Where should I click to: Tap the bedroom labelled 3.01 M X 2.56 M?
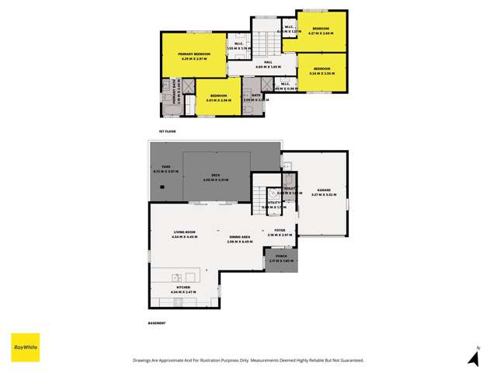(x=210, y=97)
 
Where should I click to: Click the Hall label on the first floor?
(x=267, y=64)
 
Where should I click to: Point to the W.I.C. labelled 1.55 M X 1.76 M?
(x=239, y=46)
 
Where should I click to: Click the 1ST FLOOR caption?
(x=167, y=131)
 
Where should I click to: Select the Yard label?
(x=166, y=167)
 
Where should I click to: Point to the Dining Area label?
(x=239, y=237)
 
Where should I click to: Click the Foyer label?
(x=280, y=232)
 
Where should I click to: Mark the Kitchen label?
(x=183, y=288)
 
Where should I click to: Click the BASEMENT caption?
(x=158, y=322)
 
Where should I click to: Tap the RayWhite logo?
(x=25, y=347)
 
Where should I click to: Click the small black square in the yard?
(x=161, y=187)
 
